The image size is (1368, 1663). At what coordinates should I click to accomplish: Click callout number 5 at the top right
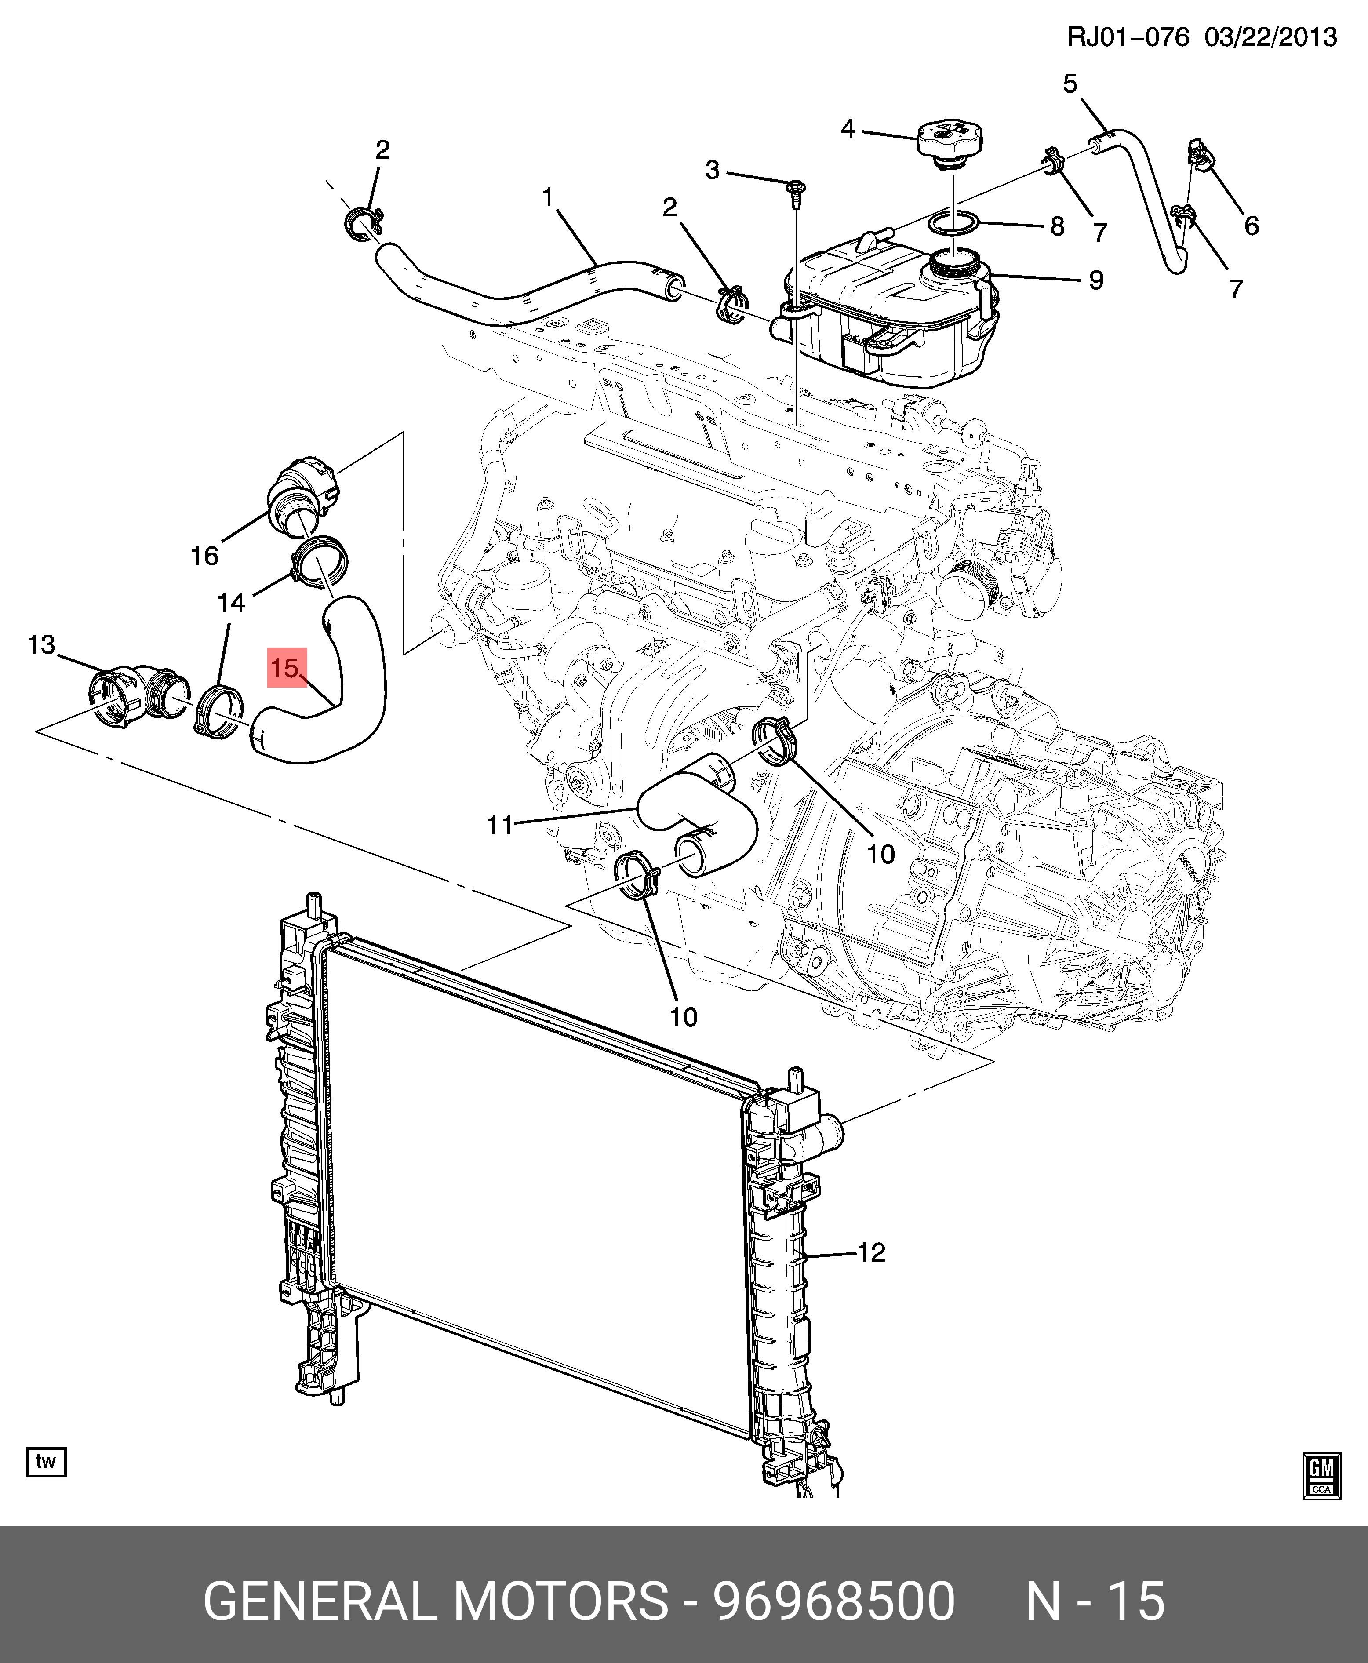(x=1070, y=84)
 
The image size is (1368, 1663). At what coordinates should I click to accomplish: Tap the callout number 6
(x=1252, y=226)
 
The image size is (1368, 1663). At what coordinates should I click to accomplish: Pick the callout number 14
(x=231, y=603)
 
